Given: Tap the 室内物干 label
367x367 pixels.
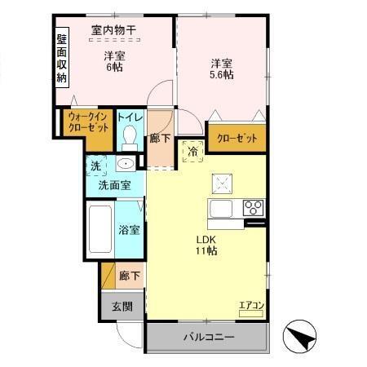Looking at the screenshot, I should click(x=113, y=31).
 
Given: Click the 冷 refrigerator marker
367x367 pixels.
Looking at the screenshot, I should click(x=194, y=151).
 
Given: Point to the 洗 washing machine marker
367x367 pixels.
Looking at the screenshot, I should click(x=95, y=166).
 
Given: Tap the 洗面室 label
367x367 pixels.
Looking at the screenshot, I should click(x=114, y=185).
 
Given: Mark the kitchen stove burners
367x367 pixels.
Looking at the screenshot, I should click(x=253, y=206).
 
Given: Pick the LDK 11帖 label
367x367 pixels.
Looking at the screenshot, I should click(x=206, y=245).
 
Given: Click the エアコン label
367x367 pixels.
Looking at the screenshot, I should click(x=250, y=306).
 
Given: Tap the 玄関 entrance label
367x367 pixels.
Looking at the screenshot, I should click(x=122, y=307).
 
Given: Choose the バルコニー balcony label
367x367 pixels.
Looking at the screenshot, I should click(x=208, y=337).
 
